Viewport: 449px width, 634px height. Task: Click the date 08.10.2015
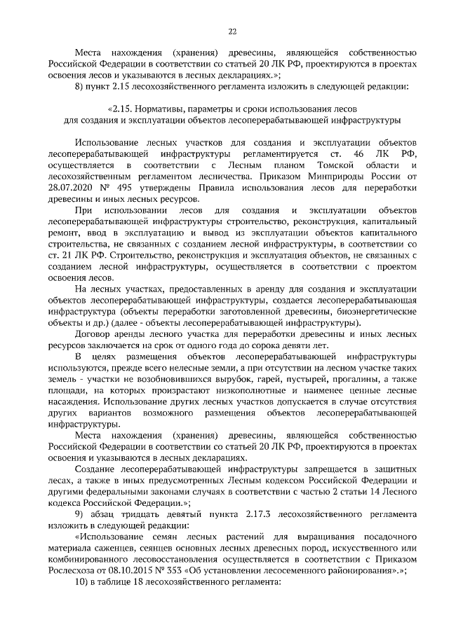point(145,570)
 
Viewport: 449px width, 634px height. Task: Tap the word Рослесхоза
point(76,570)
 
